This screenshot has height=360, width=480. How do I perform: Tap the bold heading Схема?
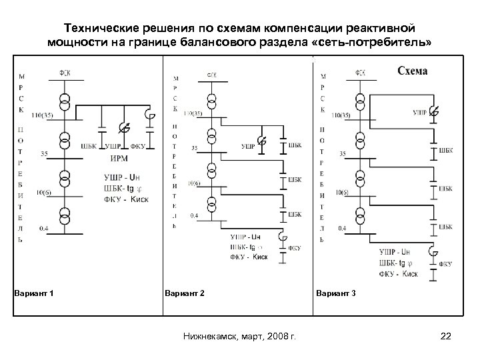tap(413, 71)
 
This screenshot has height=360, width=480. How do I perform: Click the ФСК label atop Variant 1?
tap(65, 73)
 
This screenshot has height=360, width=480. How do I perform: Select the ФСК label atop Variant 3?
tap(360, 73)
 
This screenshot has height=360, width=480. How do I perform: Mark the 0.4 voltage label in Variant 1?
tap(43, 228)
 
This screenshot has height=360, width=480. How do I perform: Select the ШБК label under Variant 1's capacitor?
tap(87, 147)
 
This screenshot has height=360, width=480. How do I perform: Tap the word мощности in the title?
tap(75, 43)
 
